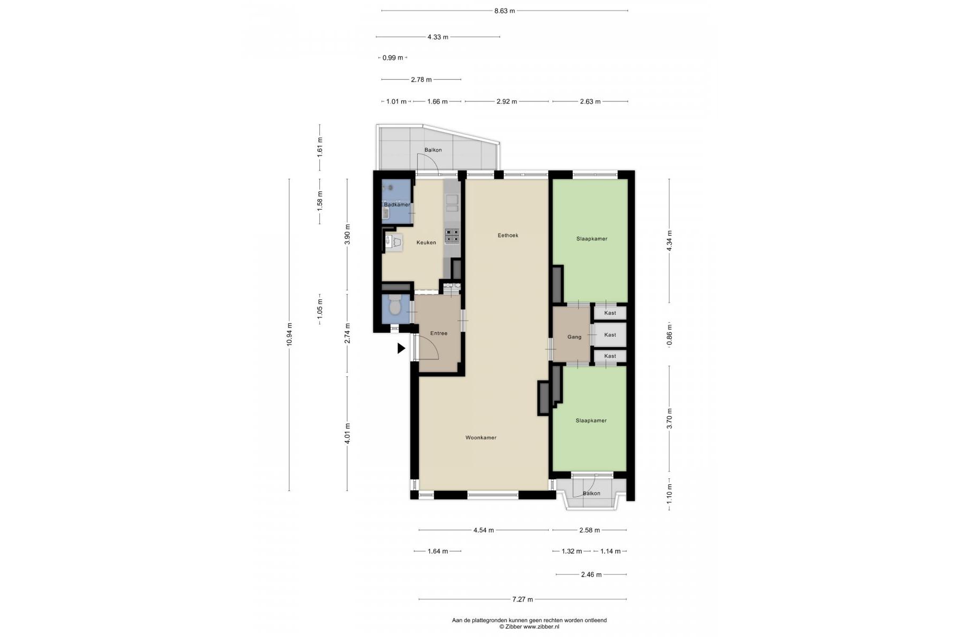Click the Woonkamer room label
[481, 438]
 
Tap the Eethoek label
[508, 235]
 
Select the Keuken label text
[426, 243]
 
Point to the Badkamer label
[397, 205]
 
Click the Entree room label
[439, 333]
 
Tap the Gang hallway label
[574, 337]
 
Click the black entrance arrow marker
[402, 348]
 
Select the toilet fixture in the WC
[395, 305]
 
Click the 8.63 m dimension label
[505, 11]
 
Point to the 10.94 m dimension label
[290, 334]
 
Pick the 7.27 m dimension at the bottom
[522, 599]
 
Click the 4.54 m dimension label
[484, 530]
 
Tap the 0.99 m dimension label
[393, 58]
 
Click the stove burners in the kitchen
[452, 236]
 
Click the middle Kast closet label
[610, 334]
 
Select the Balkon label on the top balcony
[433, 150]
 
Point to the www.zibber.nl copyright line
[529, 627]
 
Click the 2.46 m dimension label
[591, 574]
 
